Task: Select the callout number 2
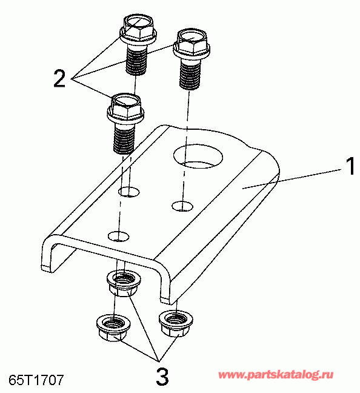59,78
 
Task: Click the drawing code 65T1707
36,380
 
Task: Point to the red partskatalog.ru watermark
276,375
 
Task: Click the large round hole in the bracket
198,156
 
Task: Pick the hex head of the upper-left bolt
138,29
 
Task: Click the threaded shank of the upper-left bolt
136,60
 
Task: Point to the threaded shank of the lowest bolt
124,138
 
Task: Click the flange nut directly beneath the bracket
123,284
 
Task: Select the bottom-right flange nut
176,323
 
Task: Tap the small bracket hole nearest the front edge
118,236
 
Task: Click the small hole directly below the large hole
182,206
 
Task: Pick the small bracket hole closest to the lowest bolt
128,192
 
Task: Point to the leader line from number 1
292,179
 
